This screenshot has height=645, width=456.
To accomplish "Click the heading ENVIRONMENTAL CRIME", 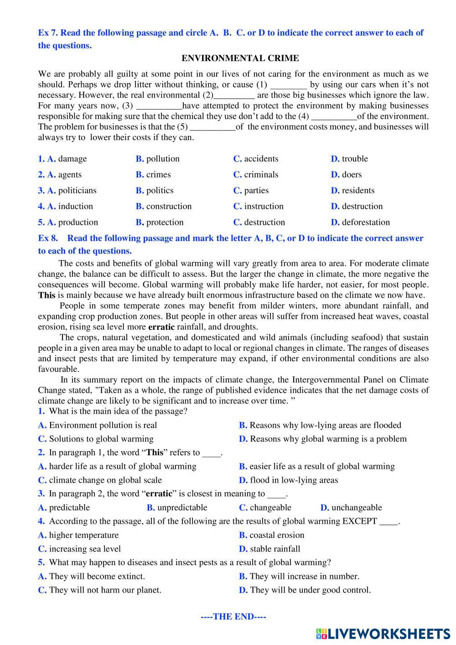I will point(240,58).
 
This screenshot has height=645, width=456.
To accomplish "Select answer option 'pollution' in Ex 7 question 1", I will point(162,159).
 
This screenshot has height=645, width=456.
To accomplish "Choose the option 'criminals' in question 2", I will point(261,175).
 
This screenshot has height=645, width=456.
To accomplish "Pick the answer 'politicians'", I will point(77,191).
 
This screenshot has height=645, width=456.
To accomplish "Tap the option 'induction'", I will point(75,207).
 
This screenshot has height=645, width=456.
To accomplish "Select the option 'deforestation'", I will point(366,223).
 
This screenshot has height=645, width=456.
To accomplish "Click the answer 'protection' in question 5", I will point(165,223).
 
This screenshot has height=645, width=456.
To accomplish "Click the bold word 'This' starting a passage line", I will point(47,295).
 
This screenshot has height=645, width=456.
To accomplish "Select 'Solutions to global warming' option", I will point(101,439).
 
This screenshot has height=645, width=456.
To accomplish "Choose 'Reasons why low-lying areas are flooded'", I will point(325,425).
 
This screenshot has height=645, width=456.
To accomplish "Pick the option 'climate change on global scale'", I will point(105,480).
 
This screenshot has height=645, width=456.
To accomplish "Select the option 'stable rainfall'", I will point(275,549).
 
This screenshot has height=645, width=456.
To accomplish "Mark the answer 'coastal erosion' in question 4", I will point(276,535).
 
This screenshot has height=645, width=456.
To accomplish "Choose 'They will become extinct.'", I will point(97,576).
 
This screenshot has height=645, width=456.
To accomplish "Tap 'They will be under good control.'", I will point(310,590).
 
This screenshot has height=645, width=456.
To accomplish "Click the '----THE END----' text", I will point(233,617).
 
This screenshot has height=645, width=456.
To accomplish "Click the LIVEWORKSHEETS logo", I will point(383,633).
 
